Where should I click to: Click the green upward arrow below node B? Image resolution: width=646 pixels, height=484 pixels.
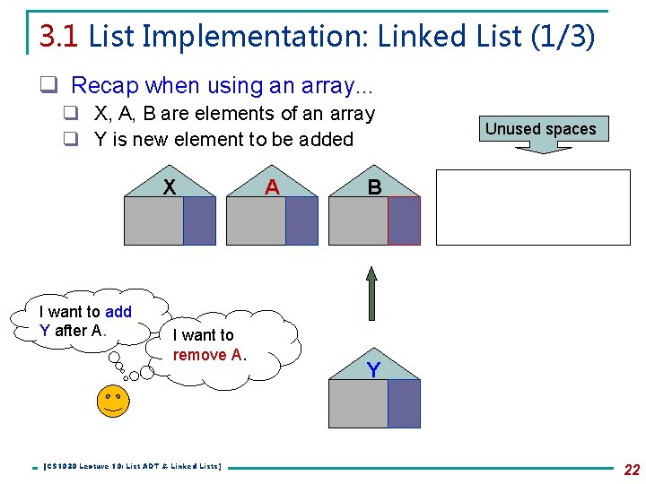coord(371,292)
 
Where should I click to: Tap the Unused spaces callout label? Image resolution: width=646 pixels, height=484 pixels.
coord(540,129)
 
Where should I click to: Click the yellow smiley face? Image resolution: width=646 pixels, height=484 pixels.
coord(112,400)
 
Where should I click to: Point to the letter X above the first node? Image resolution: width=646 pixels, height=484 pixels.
coord(168,186)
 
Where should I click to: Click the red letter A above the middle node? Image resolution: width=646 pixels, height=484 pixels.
coord(272,186)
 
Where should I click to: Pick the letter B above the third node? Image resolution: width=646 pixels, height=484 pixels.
coord(374,187)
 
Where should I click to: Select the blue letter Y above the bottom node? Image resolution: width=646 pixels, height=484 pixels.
coord(373,369)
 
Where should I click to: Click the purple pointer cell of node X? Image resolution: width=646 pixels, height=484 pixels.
coord(199,220)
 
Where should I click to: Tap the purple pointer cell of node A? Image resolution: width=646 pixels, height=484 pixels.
coord(301,220)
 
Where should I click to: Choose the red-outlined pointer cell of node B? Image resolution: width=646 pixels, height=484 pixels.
coord(404,220)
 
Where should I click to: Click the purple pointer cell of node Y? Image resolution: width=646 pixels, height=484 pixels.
coord(404,403)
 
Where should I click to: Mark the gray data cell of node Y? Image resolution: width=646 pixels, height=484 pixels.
coord(358,403)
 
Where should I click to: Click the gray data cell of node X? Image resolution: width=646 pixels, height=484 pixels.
coord(153,220)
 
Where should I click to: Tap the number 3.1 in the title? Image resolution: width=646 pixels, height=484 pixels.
coord(59,36)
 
